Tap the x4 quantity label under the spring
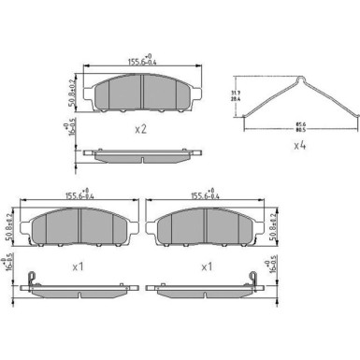300,145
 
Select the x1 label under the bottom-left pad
79,266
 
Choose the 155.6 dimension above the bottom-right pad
207,196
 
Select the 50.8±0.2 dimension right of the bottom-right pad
272,227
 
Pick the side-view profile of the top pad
140,151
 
